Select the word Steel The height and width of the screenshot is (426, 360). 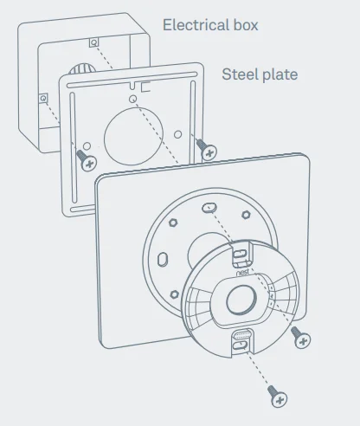(x=239, y=74)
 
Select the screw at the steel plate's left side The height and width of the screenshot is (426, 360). (x=87, y=158)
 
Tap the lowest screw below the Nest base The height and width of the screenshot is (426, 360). (x=278, y=397)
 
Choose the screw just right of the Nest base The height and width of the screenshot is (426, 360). (x=301, y=339)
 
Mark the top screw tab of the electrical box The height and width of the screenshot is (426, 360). (x=93, y=42)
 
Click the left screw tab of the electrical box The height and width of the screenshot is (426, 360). (x=42, y=98)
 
